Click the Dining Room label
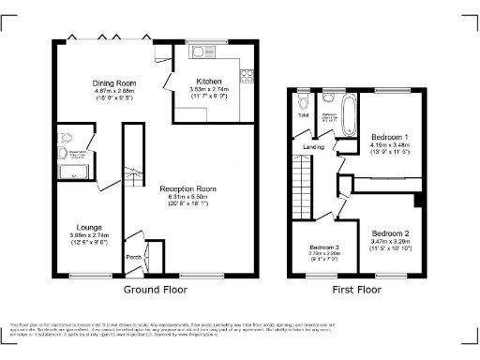109,83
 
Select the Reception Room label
187,188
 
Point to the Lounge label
90,226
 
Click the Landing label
314,146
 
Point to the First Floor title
357,291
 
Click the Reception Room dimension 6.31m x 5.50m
187,196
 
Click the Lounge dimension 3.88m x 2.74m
90,234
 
